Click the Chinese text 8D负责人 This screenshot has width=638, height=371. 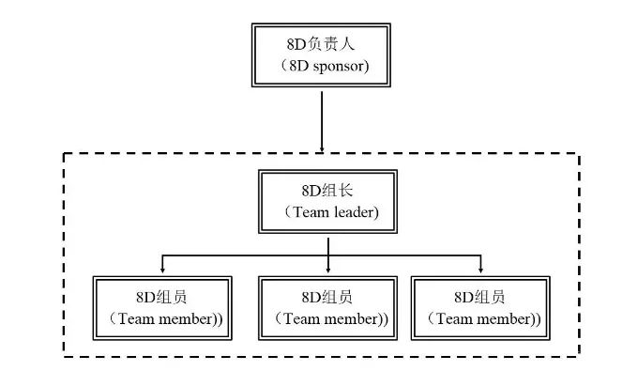[x=321, y=44]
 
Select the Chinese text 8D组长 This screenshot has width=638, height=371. [x=327, y=191]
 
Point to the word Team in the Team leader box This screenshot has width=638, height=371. [x=311, y=212]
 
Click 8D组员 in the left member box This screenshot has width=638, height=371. [x=161, y=298]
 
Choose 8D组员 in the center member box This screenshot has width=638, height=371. [x=327, y=298]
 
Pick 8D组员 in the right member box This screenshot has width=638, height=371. [x=479, y=298]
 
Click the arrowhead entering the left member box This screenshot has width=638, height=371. [x=162, y=271]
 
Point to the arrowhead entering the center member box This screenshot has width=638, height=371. [x=328, y=271]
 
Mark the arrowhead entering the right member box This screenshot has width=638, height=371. [x=481, y=271]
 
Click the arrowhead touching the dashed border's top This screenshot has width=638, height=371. [x=322, y=150]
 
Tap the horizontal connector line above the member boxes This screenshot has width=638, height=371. [x=322, y=255]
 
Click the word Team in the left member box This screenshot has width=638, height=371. [x=137, y=319]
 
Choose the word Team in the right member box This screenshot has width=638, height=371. [x=455, y=319]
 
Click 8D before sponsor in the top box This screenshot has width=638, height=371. [x=299, y=66]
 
